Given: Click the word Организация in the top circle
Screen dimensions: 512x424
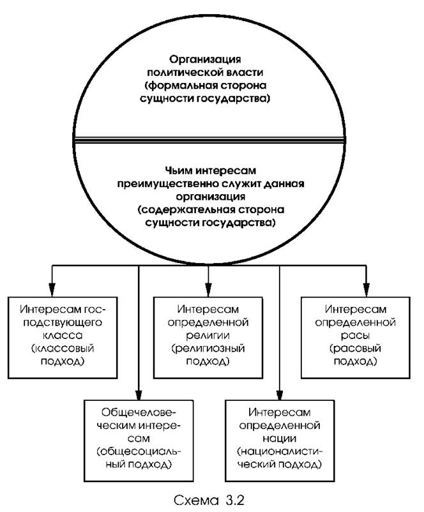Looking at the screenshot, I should [209, 56].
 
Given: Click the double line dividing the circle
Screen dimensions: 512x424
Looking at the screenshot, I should [209, 142].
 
